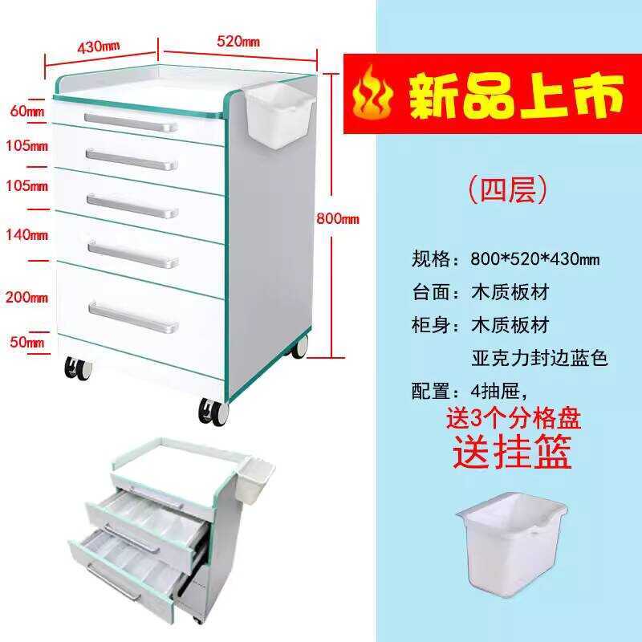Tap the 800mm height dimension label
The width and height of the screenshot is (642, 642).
pyautogui.click(x=338, y=218)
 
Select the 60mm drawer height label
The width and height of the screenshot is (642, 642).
pyautogui.click(x=26, y=112)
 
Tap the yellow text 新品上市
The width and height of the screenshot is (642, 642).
pyautogui.click(x=517, y=95)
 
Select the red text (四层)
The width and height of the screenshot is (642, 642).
pyautogui.click(x=508, y=189)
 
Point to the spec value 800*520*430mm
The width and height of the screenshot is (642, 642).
pyautogui.click(x=535, y=259)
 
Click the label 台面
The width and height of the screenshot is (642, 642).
pyautogui.click(x=433, y=292)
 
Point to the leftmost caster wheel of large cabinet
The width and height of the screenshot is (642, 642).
pyautogui.click(x=77, y=368)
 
